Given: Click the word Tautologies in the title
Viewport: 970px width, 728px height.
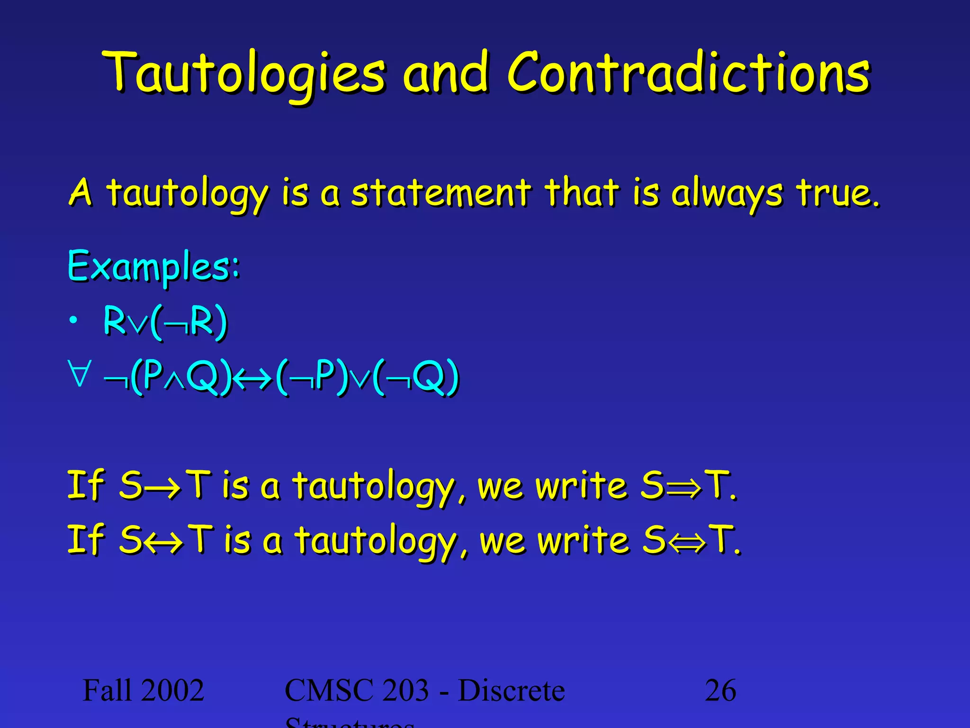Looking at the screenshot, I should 243,73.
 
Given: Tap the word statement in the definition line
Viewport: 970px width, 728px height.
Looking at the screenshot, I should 440,193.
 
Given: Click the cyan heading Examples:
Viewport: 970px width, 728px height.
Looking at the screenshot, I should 154,266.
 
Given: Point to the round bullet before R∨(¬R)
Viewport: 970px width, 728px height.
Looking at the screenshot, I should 72,321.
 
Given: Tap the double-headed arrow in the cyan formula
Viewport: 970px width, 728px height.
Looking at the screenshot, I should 253,378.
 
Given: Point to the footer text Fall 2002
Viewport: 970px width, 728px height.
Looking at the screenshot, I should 143,690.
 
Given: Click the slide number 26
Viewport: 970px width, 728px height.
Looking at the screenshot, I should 720,690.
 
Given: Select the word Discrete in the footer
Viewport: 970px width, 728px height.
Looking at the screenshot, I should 512,690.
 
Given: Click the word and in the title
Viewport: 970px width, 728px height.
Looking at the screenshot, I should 445,73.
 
